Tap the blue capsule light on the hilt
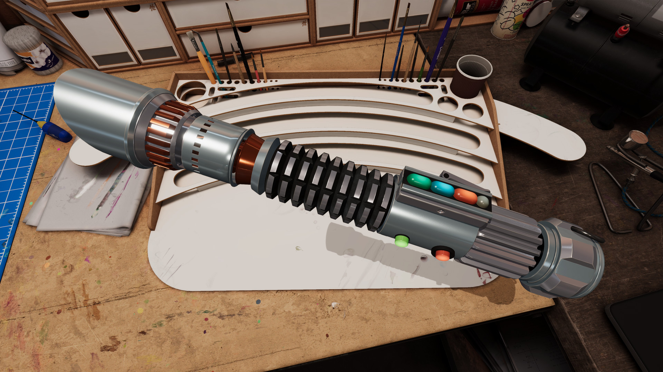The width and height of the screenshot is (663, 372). click(x=442, y=189)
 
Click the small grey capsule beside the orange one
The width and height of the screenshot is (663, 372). click(x=483, y=202)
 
